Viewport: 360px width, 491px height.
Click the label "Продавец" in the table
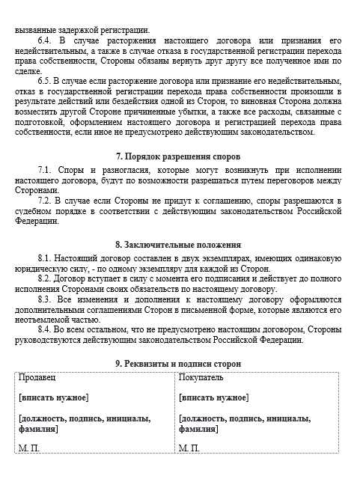[36, 378]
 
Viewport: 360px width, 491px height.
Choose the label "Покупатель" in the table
[200, 378]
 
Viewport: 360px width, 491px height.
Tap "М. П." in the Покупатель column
[189, 448]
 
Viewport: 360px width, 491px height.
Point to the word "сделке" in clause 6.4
[29, 70]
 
